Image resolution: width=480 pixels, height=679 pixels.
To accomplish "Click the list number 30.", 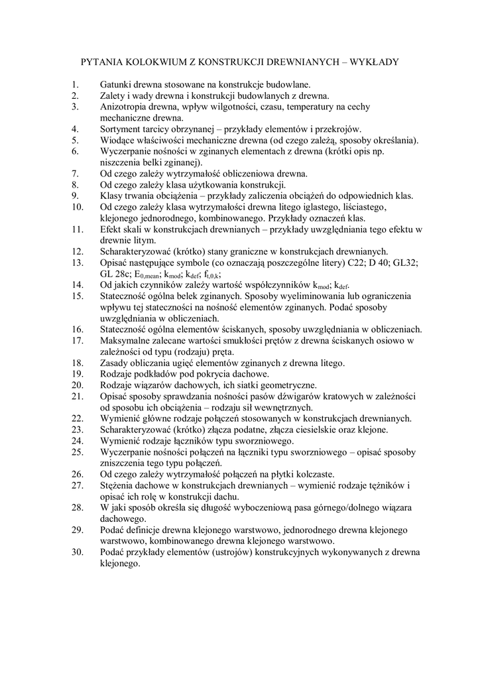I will click(x=76, y=552).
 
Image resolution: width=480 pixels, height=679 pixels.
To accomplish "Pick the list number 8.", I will click(x=75, y=184).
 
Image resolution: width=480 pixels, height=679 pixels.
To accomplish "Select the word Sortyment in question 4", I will click(x=123, y=129).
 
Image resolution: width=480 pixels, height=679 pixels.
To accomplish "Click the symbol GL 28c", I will click(x=115, y=273).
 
